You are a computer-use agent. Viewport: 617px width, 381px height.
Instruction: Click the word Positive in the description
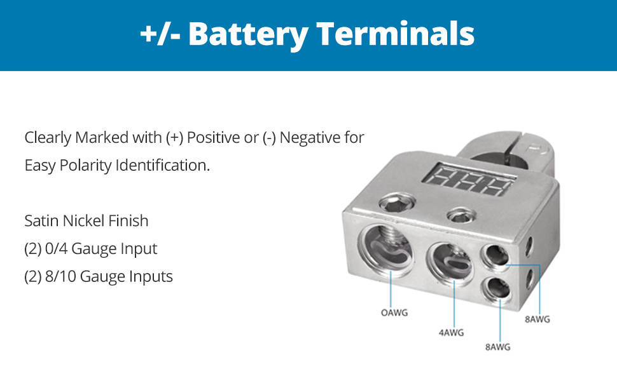213,137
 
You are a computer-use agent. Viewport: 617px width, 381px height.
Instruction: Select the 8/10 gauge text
60,277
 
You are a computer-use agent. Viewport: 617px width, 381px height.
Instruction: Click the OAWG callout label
394,312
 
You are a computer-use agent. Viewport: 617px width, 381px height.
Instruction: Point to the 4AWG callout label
452,332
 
